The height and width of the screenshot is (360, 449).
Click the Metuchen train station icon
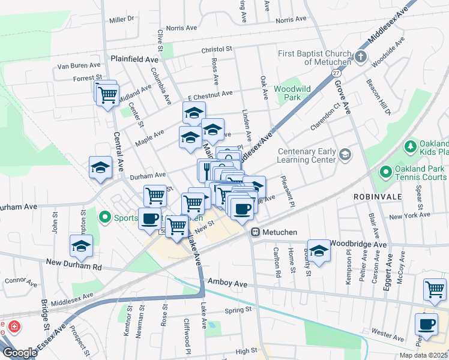click(x=255, y=232)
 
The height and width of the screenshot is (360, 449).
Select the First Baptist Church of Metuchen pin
click(x=360, y=57)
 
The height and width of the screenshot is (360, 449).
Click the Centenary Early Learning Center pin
click(x=345, y=155)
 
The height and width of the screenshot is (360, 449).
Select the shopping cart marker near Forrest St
click(x=108, y=95)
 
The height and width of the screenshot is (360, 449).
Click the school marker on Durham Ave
click(x=101, y=169)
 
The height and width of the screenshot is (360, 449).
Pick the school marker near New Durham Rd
click(x=82, y=245)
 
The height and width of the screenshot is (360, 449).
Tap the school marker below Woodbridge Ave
click(x=319, y=251)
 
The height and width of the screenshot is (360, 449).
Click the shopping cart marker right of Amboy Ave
click(x=435, y=289)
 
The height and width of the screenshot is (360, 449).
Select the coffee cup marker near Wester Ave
click(x=426, y=325)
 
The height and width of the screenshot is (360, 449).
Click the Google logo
click(x=20, y=353)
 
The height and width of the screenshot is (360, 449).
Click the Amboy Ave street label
click(x=228, y=281)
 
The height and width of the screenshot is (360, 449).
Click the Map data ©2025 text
click(x=424, y=355)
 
